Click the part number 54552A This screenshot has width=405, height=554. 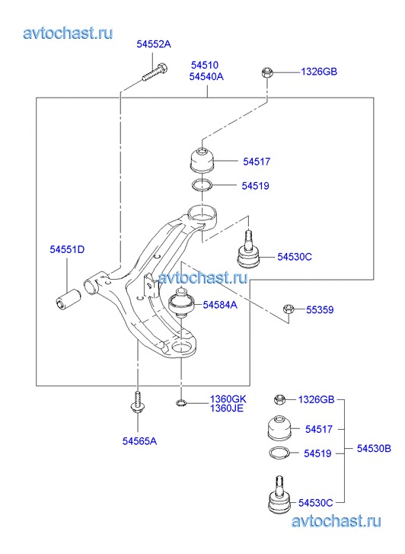tap(154, 44)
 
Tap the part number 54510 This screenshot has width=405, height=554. tap(205, 65)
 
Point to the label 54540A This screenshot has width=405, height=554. tap(206, 76)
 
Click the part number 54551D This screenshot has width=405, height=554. tap(67, 249)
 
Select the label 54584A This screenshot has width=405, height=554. tap(220, 305)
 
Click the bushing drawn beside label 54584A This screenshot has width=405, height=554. tap(180, 303)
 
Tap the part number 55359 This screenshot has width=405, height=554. tap(320, 310)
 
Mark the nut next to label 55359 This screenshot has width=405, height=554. tap(289, 309)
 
